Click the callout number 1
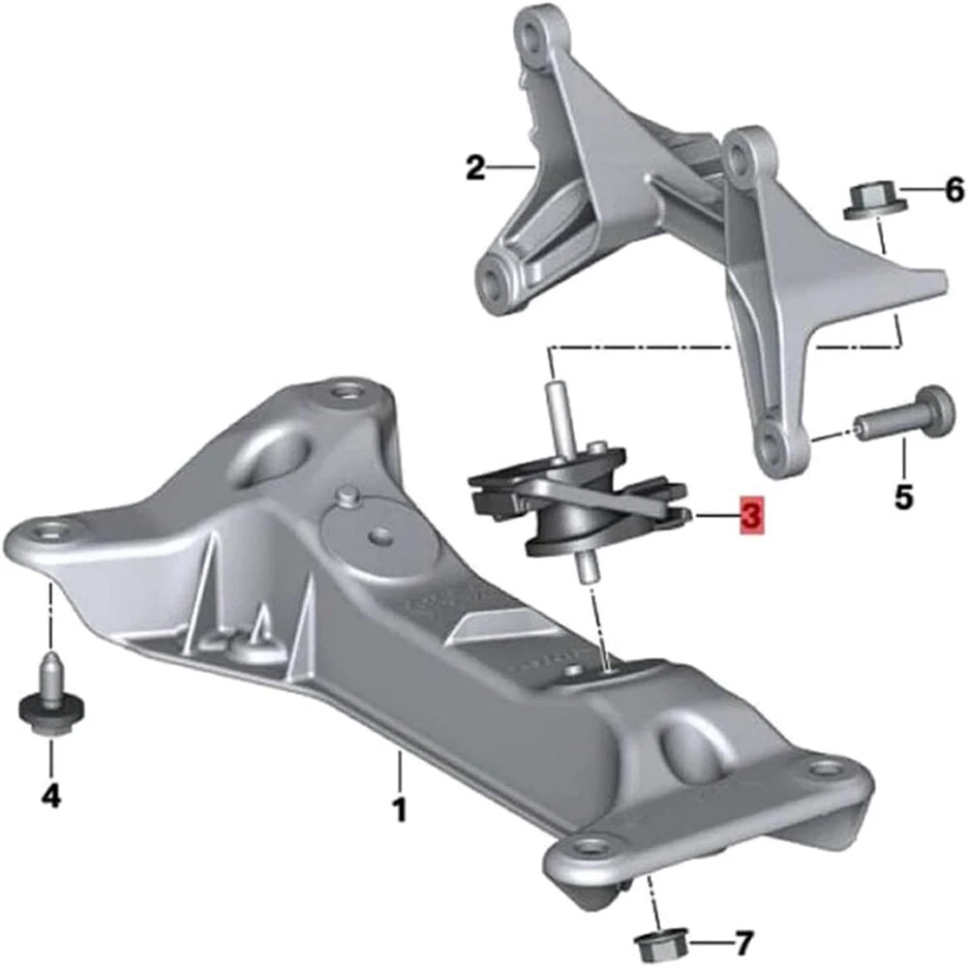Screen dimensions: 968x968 coord(401,808)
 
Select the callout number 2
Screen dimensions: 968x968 coord(475,167)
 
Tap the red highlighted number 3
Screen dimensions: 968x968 coord(752,513)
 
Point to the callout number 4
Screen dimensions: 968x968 coord(51,796)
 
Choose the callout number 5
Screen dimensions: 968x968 coord(904,497)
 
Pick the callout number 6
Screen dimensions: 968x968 coord(954,189)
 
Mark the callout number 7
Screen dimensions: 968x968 coord(743,942)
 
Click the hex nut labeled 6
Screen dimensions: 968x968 coord(876,200)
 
